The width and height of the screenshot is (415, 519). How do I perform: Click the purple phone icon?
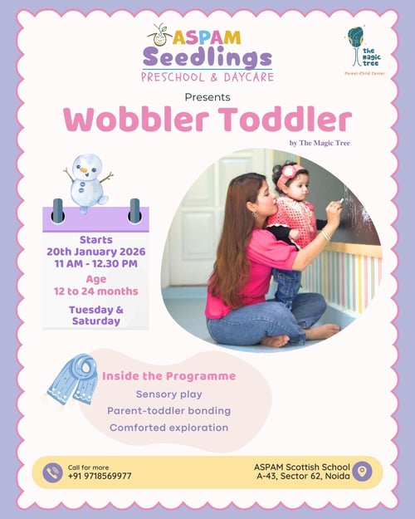(53, 472)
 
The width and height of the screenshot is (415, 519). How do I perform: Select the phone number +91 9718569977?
(100, 477)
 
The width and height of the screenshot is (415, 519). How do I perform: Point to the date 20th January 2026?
(95, 252)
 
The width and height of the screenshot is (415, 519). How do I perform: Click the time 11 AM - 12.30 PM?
(95, 264)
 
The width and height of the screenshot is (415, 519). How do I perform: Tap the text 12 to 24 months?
(95, 291)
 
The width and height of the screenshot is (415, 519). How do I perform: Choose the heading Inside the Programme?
(168, 376)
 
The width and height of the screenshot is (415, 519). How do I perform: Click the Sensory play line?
(168, 394)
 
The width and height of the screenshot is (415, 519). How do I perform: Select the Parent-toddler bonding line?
(168, 411)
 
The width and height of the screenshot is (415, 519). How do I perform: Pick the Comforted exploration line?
(168, 428)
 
